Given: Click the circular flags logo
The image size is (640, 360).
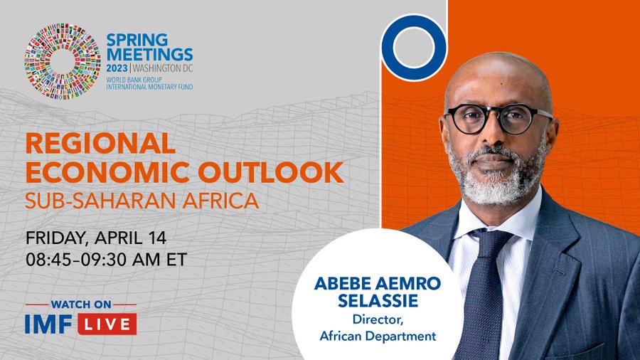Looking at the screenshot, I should (62, 61).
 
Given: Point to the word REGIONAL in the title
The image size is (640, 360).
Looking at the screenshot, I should (100, 144).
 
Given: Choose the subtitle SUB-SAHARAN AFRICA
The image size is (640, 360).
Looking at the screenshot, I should (142, 201).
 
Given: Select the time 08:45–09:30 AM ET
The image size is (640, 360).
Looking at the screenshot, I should (106, 259).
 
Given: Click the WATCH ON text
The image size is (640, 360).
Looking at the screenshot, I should (80, 305).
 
